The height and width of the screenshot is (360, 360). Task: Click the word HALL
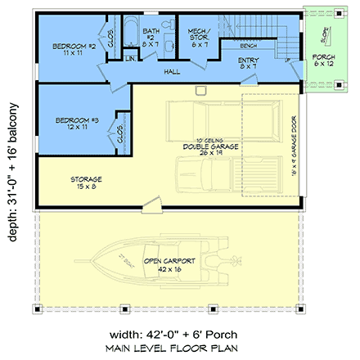tap(172, 72)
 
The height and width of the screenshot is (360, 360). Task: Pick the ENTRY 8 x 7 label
tap(248, 63)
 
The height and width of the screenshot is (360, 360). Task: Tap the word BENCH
tap(248, 47)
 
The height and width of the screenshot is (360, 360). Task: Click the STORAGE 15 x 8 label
tap(85, 182)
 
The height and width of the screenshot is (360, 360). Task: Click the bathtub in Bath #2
tap(132, 35)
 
